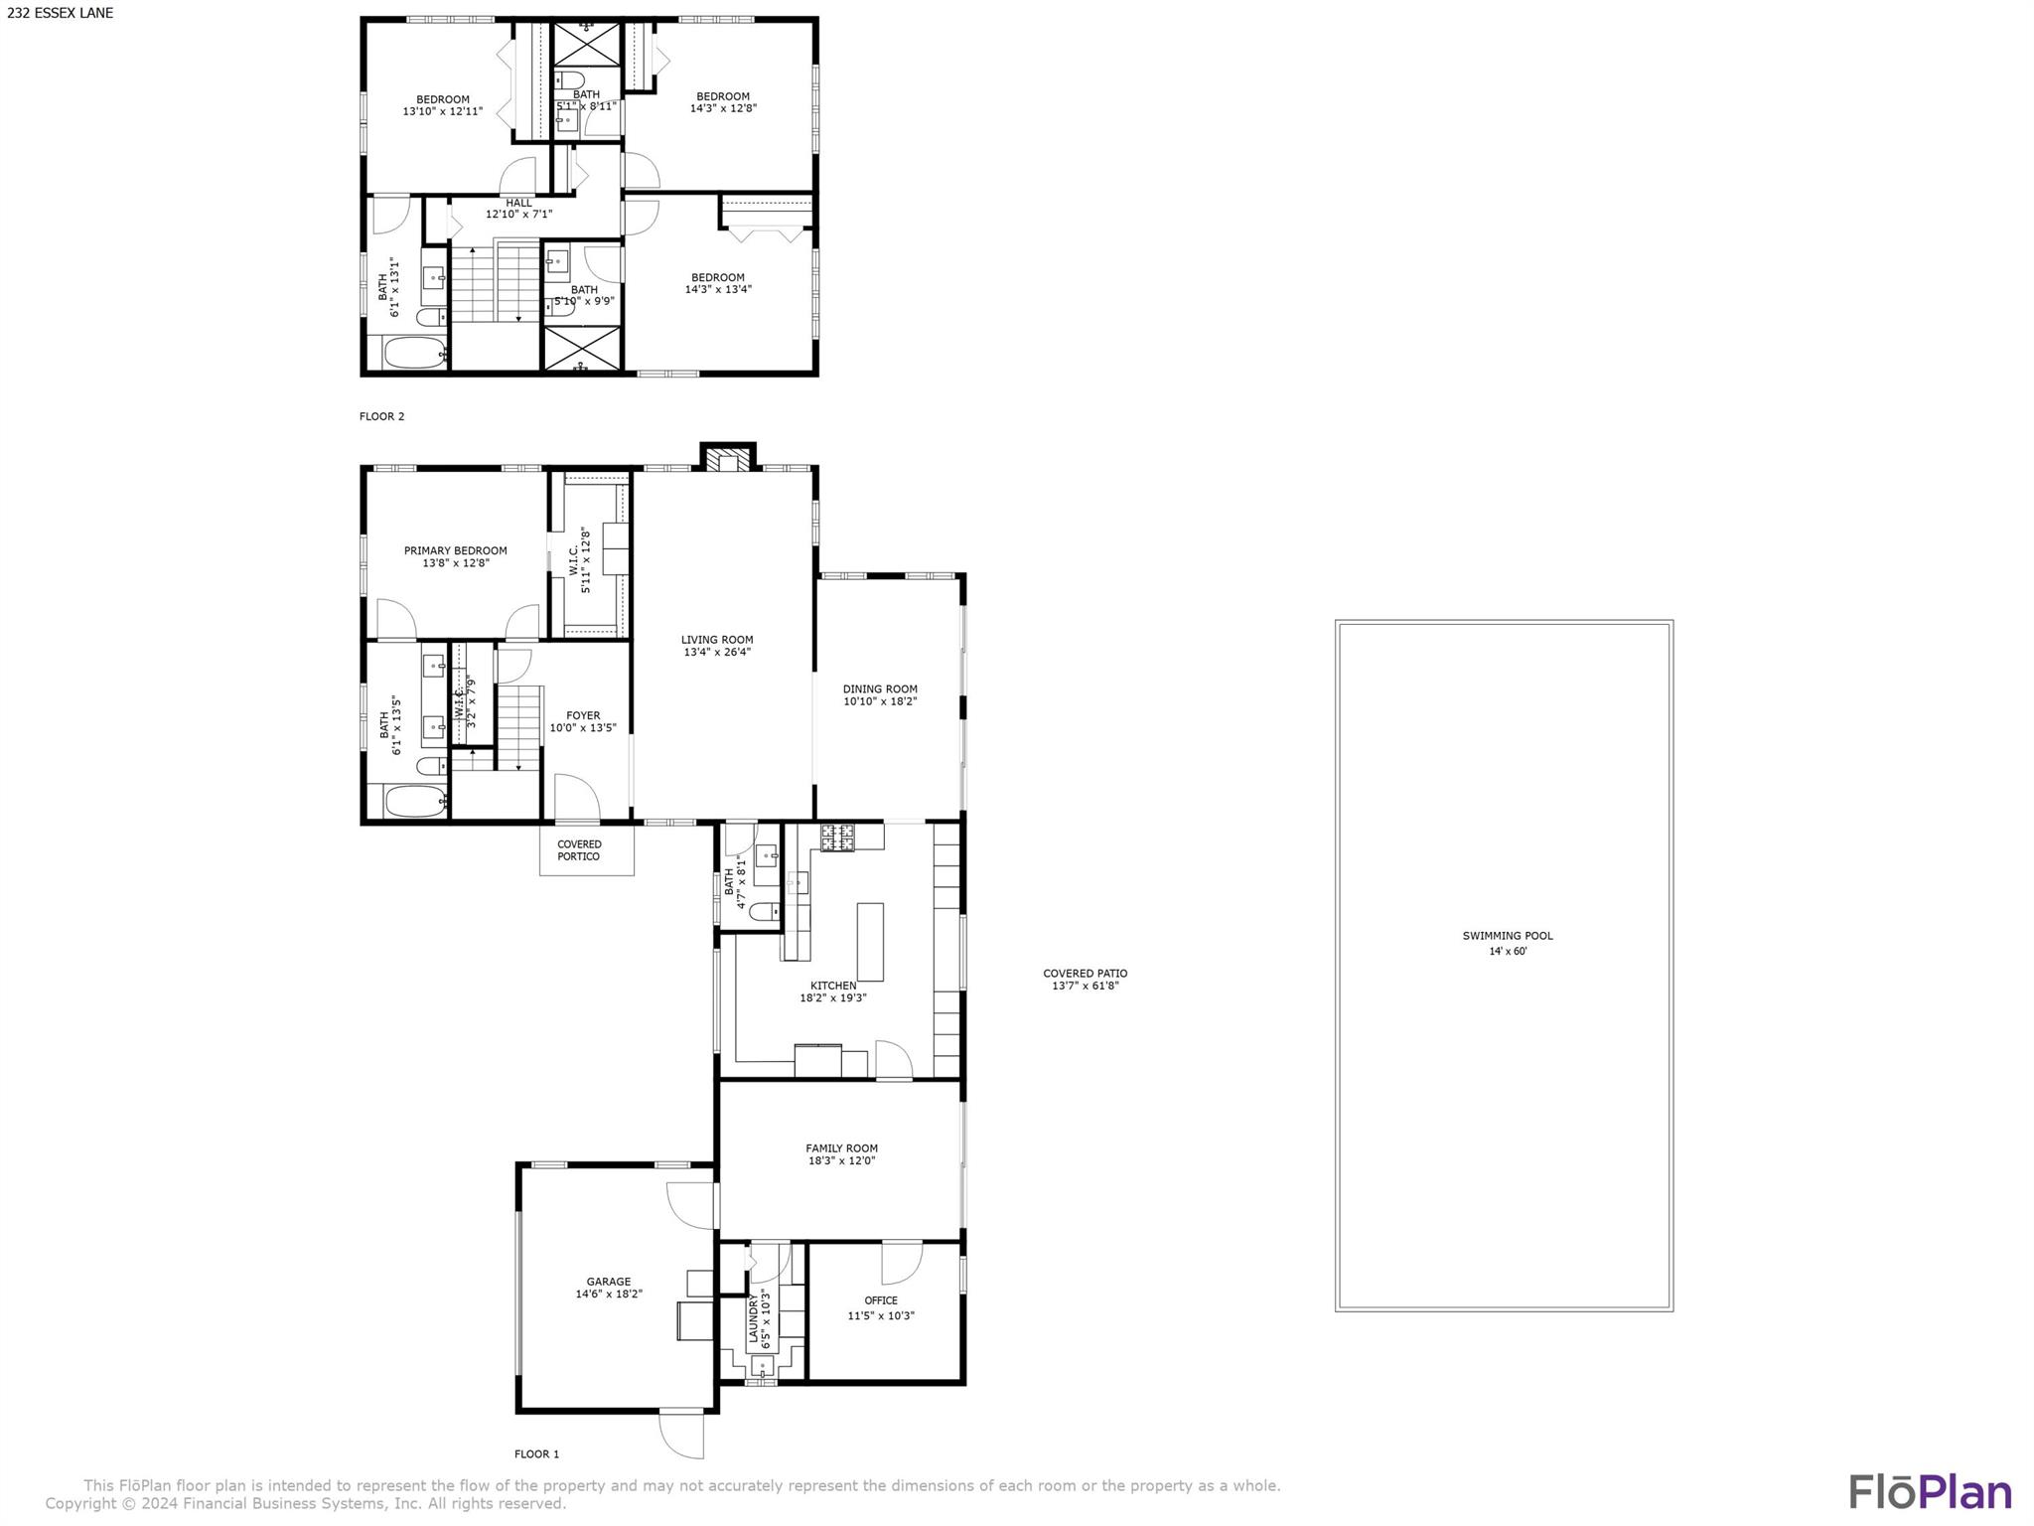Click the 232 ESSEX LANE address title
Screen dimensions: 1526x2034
click(x=61, y=13)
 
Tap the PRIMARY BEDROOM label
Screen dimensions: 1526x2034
click(x=455, y=550)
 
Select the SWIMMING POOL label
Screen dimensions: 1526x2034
click(x=1507, y=936)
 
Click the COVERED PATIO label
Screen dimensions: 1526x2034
click(x=1085, y=974)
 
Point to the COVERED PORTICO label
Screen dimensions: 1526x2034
click(x=579, y=850)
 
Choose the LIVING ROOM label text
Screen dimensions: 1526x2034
click(x=717, y=640)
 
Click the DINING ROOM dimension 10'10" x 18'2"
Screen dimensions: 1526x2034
click(x=880, y=701)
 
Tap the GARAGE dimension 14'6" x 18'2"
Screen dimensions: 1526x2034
click(x=609, y=1295)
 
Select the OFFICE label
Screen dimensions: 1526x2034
click(x=881, y=1300)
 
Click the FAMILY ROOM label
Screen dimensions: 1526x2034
click(x=842, y=1148)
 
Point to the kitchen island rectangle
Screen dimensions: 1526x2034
click(x=870, y=941)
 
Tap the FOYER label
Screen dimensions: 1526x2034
click(x=583, y=715)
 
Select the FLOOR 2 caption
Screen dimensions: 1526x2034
click(x=382, y=416)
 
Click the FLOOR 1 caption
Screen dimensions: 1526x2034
click(x=536, y=1454)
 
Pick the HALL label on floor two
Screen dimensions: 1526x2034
click(x=518, y=203)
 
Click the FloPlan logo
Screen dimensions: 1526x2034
click(x=1930, y=1492)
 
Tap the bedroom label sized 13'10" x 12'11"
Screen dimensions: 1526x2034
click(x=443, y=99)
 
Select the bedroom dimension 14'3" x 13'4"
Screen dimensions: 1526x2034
click(x=718, y=290)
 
